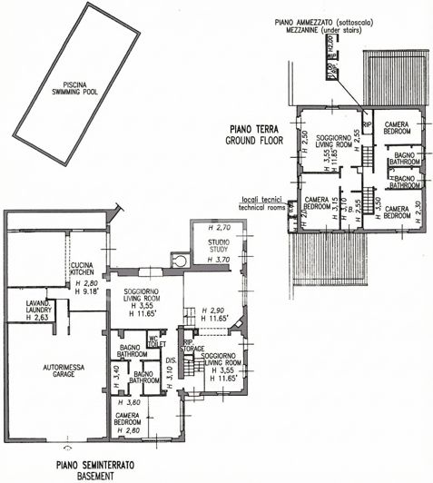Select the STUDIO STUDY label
219,248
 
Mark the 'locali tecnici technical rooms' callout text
260,203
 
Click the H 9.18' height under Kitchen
86,290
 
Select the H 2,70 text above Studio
219,227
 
